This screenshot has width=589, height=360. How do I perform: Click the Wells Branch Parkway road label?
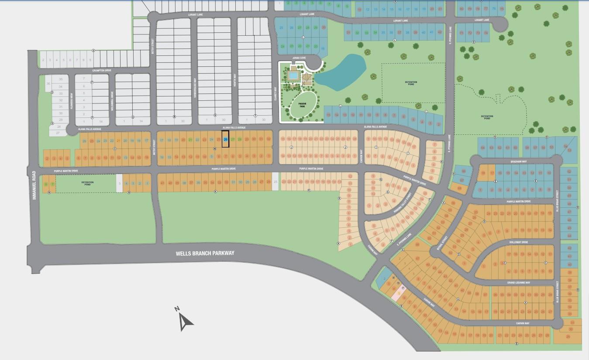click(205, 253)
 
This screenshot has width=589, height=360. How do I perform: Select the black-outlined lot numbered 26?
click(226, 139)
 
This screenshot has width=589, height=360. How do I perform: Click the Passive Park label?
click(302, 105)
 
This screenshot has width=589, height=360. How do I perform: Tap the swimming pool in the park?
click(293, 76)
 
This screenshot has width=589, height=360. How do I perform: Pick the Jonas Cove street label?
click(299, 57)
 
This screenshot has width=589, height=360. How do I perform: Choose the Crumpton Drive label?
click(102, 70)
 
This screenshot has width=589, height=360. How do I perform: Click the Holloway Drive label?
click(519, 242)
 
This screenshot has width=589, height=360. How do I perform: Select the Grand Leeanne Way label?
click(518, 283)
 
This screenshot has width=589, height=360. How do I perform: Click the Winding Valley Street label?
click(403, 202)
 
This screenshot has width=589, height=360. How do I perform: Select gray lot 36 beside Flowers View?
click(48, 83)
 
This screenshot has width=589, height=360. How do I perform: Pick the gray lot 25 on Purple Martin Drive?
click(275, 182)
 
